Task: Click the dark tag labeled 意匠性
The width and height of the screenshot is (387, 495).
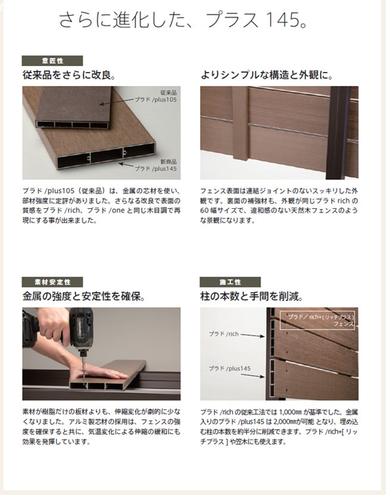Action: coord(52,61)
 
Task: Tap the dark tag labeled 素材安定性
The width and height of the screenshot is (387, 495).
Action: coord(52,282)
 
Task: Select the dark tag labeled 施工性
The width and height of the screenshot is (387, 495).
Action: coord(230,282)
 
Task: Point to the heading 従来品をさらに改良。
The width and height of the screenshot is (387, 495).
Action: coord(69,75)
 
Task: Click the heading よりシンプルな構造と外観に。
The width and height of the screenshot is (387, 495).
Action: coord(267,75)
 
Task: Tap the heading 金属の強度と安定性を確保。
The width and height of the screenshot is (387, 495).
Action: coord(84,296)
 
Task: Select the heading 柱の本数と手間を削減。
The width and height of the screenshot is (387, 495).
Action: coord(252,296)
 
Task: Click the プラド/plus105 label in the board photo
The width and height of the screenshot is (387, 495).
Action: coord(155,99)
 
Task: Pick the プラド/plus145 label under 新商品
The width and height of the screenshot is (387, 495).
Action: coord(155,168)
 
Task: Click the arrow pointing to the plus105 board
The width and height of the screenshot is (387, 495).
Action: coord(116,102)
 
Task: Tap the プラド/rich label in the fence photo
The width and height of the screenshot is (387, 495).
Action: coord(224,334)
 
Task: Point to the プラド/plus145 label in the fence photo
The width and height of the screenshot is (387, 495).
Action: coord(229,368)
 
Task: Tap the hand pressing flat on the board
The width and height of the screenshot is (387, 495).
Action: coord(98,372)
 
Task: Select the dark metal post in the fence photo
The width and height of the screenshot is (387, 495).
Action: coord(338,133)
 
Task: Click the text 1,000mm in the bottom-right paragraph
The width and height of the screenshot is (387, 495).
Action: coord(291,412)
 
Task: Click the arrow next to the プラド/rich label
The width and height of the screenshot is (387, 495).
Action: coord(252,336)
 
